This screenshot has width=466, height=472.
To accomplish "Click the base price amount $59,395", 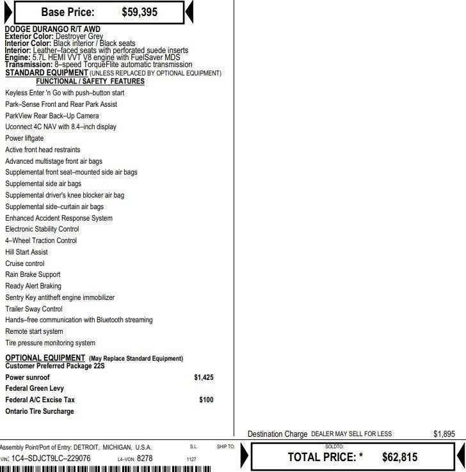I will (x=140, y=12).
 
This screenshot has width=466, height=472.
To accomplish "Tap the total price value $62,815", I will (x=399, y=457).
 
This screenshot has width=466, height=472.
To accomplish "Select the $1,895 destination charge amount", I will (x=444, y=434).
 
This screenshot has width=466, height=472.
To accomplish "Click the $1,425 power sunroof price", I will (x=204, y=377).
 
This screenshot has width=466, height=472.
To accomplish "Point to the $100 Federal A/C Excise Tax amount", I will (x=206, y=400).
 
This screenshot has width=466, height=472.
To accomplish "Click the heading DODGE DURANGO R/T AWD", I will (x=52, y=29).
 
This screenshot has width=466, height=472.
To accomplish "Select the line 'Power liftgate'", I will (x=24, y=138).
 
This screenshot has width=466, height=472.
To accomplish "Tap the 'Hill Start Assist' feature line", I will (x=26, y=252).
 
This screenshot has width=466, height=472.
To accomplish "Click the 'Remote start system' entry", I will (x=34, y=331).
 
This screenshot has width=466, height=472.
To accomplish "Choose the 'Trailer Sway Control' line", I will (x=34, y=309).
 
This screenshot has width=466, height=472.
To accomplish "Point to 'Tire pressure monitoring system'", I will (x=50, y=343).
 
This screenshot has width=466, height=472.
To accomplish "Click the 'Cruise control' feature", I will (x=25, y=264).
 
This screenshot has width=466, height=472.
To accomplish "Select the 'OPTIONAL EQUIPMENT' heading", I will (x=45, y=358).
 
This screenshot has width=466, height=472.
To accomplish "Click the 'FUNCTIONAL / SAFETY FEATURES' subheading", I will (x=90, y=81).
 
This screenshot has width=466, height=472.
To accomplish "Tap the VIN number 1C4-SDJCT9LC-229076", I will (x=51, y=459).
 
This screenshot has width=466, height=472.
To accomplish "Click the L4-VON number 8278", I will (x=145, y=459).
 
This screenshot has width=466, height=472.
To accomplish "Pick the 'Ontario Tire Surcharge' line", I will (x=40, y=411).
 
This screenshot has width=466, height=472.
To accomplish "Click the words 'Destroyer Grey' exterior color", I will (x=79, y=36).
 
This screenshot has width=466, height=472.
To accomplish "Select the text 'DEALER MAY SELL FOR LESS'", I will (x=351, y=434).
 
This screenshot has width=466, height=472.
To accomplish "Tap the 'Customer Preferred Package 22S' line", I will (x=54, y=366).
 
